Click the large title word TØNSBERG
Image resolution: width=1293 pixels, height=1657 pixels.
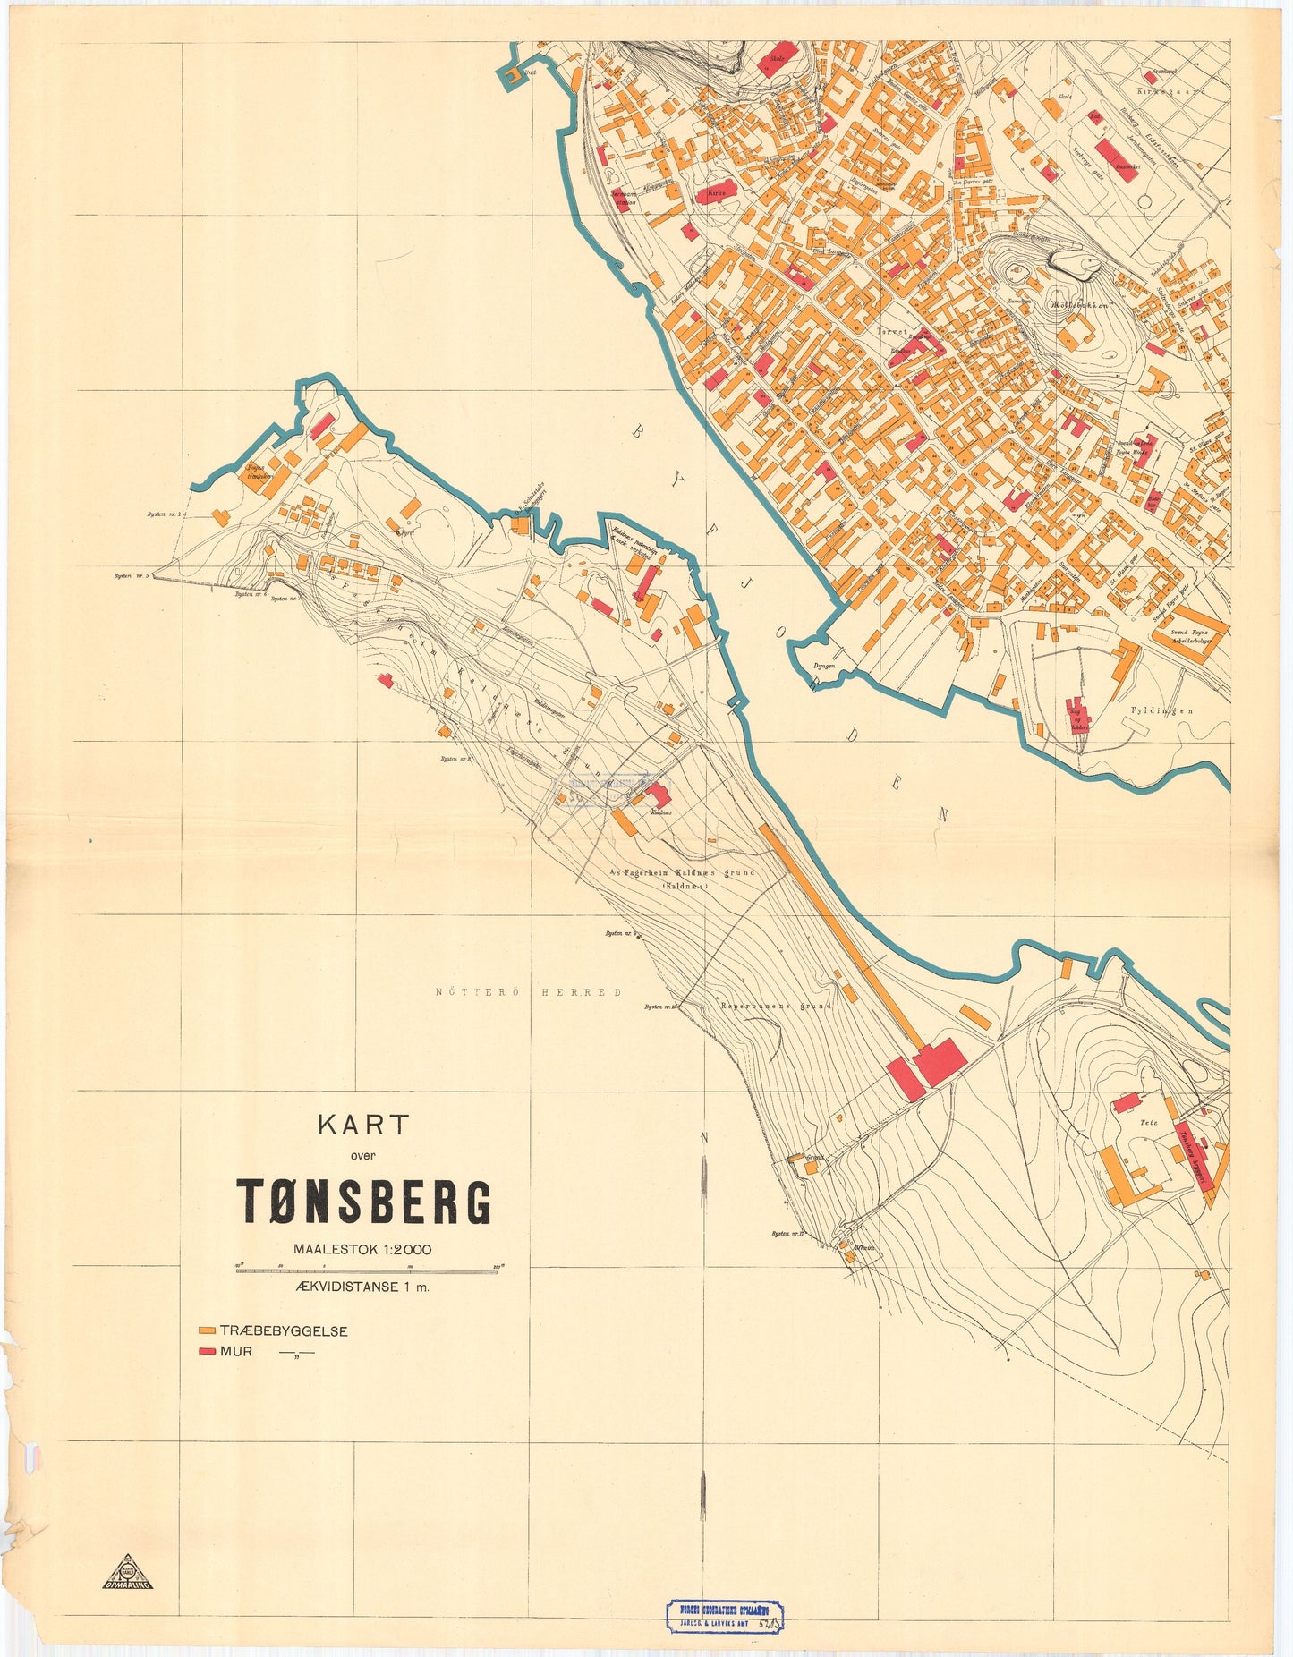pos(363,1201)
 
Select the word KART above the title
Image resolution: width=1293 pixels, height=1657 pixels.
pos(363,1125)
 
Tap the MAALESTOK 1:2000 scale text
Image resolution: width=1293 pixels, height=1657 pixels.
pos(362,1249)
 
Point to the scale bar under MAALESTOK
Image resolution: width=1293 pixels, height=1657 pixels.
pos(367,1271)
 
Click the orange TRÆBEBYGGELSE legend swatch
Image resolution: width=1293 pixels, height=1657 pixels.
pos(208,1331)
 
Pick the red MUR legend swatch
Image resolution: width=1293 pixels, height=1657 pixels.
pos(208,1351)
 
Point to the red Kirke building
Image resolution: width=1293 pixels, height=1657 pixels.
pos(717,192)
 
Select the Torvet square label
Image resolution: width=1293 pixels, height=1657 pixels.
pos(891,332)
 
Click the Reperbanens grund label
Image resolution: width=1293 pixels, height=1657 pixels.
pos(777,1006)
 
